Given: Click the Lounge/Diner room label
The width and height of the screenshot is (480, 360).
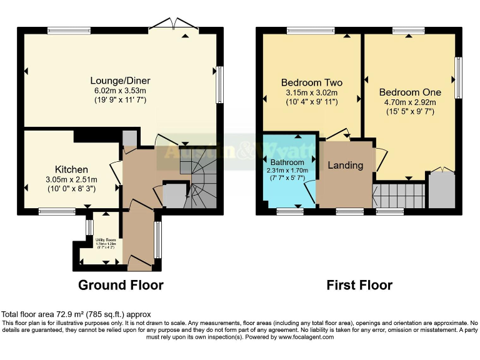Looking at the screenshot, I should point(120,81).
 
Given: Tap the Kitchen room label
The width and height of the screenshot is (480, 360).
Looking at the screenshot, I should point(71,169).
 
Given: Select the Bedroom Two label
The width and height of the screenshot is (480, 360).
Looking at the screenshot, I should point(311,82).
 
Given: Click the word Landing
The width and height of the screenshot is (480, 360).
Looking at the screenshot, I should point(346,166).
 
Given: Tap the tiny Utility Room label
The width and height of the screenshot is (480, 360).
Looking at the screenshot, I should point(106,239).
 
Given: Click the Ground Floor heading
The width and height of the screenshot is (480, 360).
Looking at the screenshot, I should point(121,285).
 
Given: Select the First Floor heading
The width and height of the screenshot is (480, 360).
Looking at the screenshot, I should point(359,285).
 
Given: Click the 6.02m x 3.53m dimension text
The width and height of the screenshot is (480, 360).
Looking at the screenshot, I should point(120,91).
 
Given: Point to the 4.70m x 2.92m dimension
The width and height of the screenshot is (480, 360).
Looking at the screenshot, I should point(409,102).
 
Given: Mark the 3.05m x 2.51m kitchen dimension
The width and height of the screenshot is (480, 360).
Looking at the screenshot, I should point(71,180).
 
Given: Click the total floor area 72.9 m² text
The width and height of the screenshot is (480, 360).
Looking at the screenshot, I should point(76,314).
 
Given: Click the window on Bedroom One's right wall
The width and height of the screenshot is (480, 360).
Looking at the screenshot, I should point(458,77).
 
